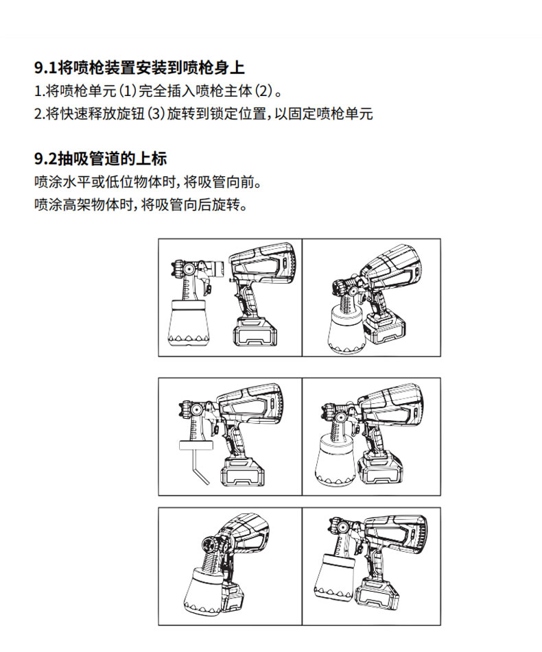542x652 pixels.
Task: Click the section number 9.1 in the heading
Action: coord(45,68)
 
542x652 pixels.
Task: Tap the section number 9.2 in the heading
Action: coord(46,159)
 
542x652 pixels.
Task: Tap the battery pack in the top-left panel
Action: coord(255,333)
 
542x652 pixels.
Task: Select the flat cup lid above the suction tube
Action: coord(196,445)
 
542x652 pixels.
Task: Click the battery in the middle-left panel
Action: coord(243,472)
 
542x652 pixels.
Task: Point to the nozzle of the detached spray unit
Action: coord(178,268)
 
